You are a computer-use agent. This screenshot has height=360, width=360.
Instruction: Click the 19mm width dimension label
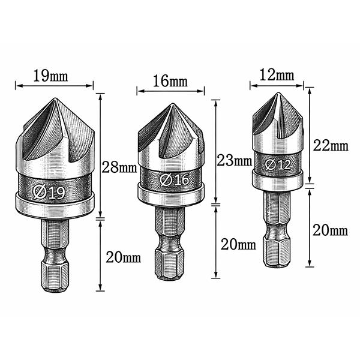point(50,76)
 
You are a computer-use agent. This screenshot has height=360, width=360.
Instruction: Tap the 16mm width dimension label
point(170,81)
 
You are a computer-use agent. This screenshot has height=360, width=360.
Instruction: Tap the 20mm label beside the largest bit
point(124,258)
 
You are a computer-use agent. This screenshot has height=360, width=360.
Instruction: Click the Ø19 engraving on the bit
point(50,192)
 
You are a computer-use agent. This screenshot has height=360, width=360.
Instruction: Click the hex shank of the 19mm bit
point(55,255)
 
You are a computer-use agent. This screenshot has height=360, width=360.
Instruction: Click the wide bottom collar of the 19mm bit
point(55,206)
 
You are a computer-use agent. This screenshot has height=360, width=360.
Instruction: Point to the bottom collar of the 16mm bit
point(171,193)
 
